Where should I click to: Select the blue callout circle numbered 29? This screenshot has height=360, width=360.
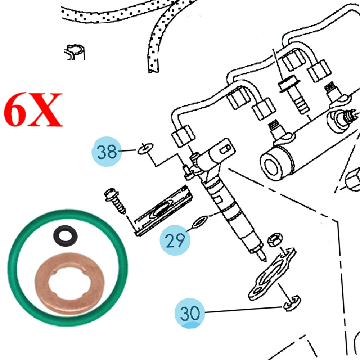tap(175, 240)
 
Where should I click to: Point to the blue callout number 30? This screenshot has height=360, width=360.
tap(190, 314)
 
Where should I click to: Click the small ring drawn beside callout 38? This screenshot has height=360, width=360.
tap(145, 148)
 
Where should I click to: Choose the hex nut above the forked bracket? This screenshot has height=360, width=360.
tap(275, 239)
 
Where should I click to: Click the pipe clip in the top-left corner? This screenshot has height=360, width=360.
tap(76, 52)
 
